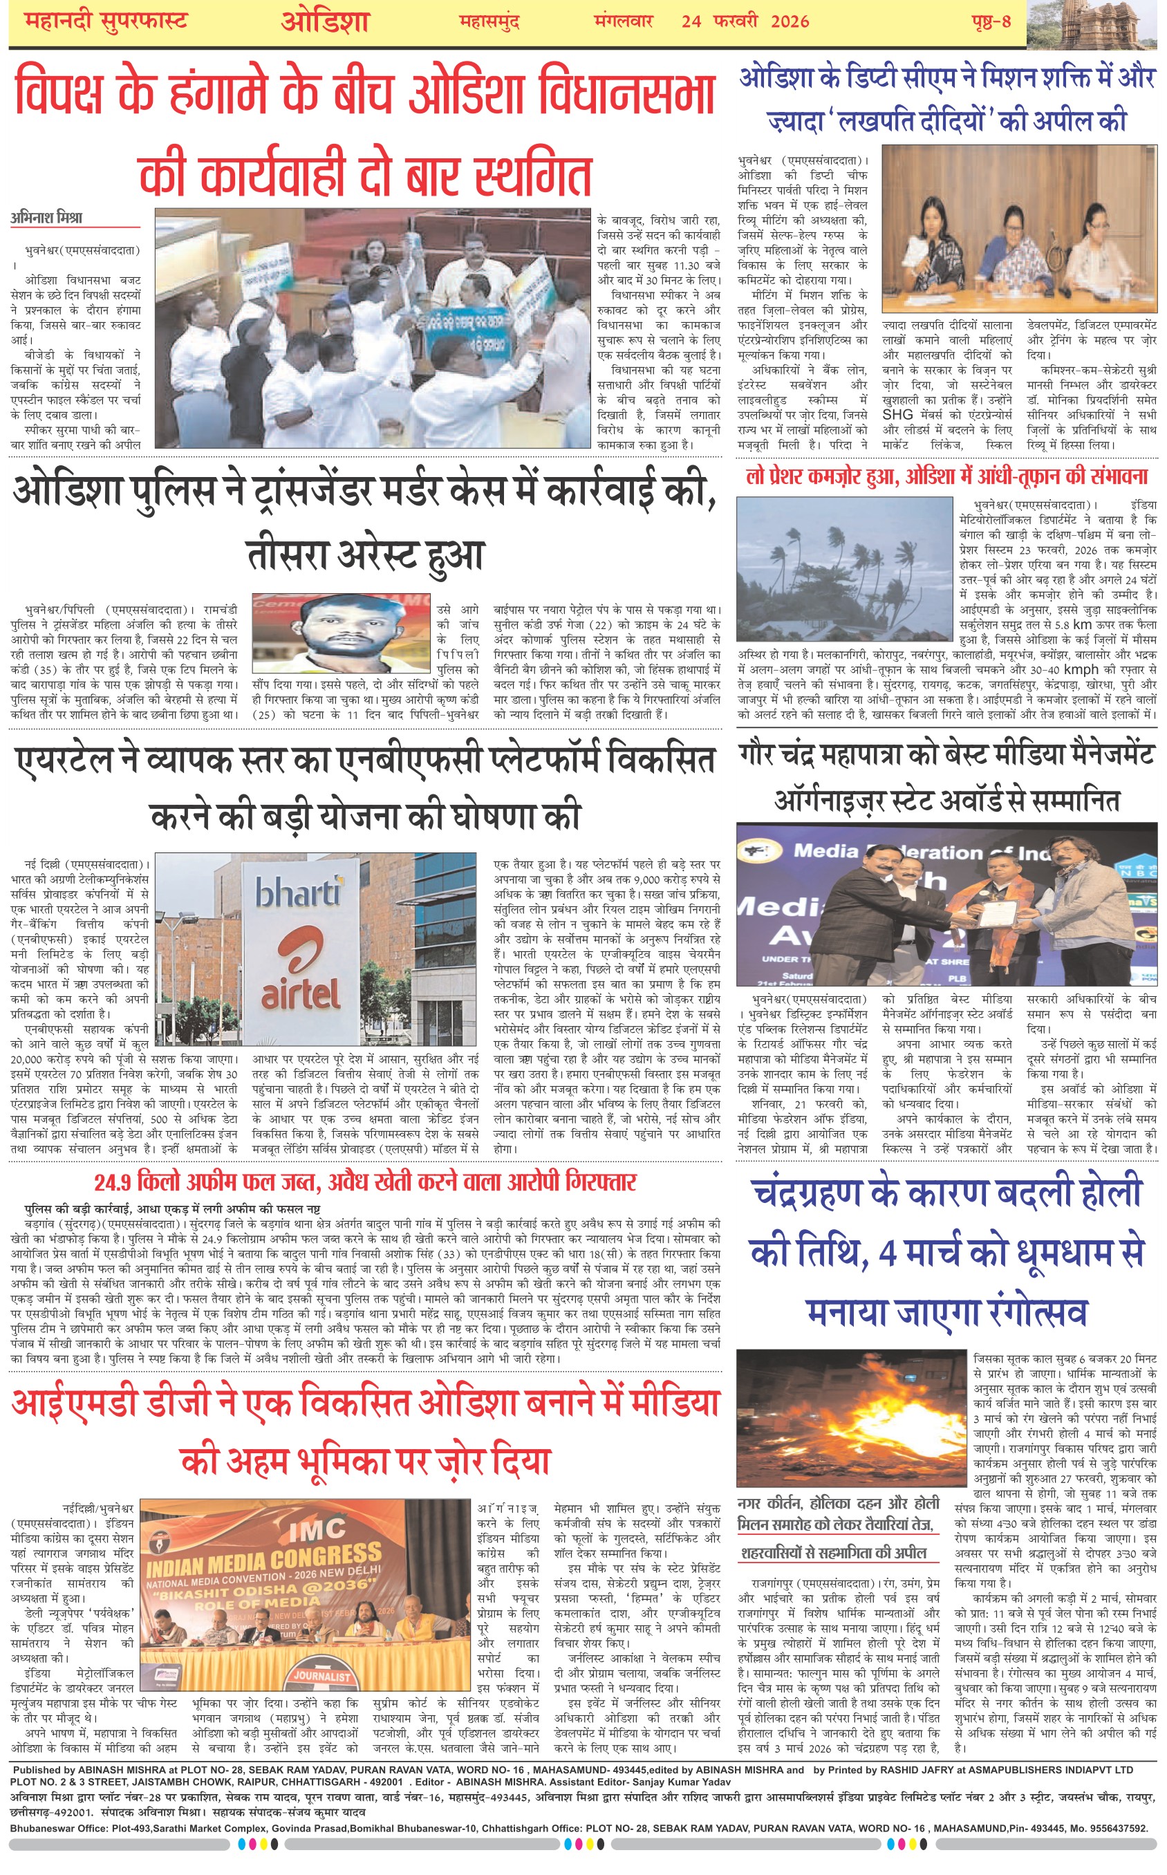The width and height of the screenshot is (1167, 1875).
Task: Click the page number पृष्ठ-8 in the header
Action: click(991, 21)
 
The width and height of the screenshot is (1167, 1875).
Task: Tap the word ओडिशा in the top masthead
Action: click(324, 21)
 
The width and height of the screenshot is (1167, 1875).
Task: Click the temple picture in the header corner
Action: click(1096, 23)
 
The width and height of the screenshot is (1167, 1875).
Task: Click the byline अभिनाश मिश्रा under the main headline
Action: click(46, 218)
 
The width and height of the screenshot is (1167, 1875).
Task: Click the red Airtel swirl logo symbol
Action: click(299, 949)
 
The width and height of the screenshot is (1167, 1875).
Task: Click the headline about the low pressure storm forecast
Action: click(946, 477)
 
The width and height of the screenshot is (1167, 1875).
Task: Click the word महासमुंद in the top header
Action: click(489, 21)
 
